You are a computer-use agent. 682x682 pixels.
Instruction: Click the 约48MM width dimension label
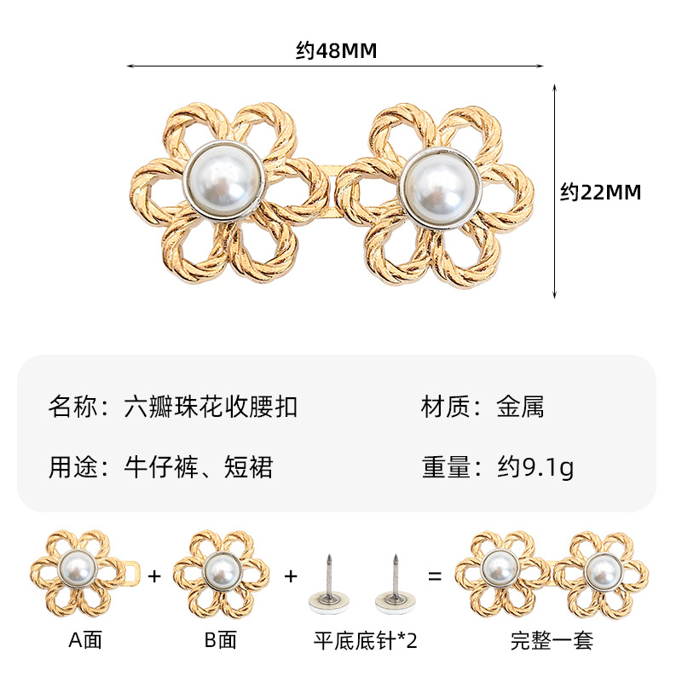pos(336,51)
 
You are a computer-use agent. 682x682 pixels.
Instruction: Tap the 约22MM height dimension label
pos(600,193)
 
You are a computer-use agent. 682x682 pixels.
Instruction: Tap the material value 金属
pos(520,407)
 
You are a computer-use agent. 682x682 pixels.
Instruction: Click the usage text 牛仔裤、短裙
pos(199,466)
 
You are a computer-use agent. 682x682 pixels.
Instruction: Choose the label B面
pos(220,640)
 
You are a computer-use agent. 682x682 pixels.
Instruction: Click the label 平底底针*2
pos(363,640)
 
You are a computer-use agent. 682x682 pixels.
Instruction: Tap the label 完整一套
pos(552,640)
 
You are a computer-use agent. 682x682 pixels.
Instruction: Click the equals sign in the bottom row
pos(435,576)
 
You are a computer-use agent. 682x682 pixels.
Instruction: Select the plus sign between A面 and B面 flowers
pos(154,576)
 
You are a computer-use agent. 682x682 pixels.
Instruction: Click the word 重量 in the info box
pos(446,466)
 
